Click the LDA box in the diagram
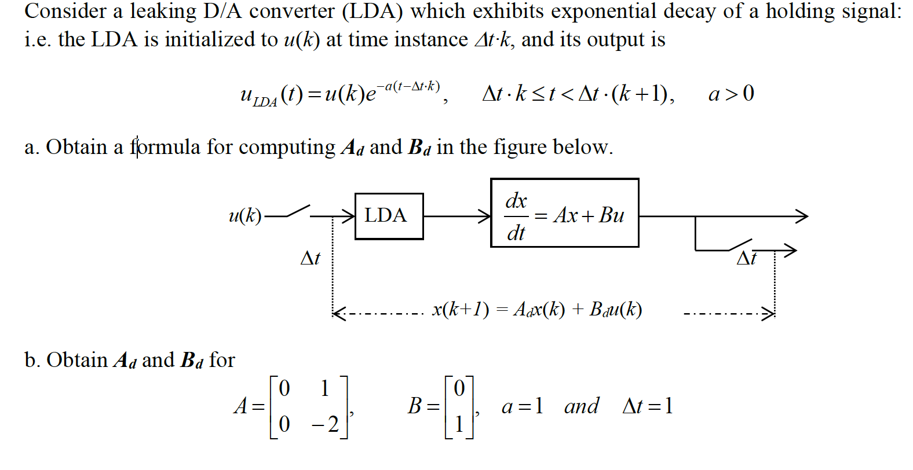coord(389,216)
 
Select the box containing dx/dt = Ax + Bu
coord(564,214)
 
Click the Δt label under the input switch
coord(311,258)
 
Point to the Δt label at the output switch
coord(746,258)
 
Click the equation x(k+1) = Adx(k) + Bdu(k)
coord(537,310)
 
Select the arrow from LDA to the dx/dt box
coord(456,216)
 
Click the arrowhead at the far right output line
coord(802,216)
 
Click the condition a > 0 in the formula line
coord(731,93)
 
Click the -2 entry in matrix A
coord(326,424)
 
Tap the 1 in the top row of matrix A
coord(324,388)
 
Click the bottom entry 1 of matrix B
coord(459,424)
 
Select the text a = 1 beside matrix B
coord(522,406)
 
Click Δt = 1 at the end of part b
coord(648,406)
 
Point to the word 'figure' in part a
coord(520,147)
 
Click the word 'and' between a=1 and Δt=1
coord(582,406)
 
